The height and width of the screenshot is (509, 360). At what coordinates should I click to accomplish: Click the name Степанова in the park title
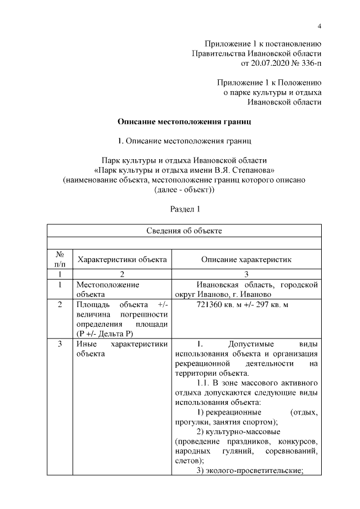pyautogui.click(x=250, y=170)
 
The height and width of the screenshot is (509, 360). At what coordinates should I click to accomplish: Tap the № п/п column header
pyautogui.click(x=60, y=259)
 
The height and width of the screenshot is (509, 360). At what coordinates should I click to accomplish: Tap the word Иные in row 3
pyautogui.click(x=85, y=344)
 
